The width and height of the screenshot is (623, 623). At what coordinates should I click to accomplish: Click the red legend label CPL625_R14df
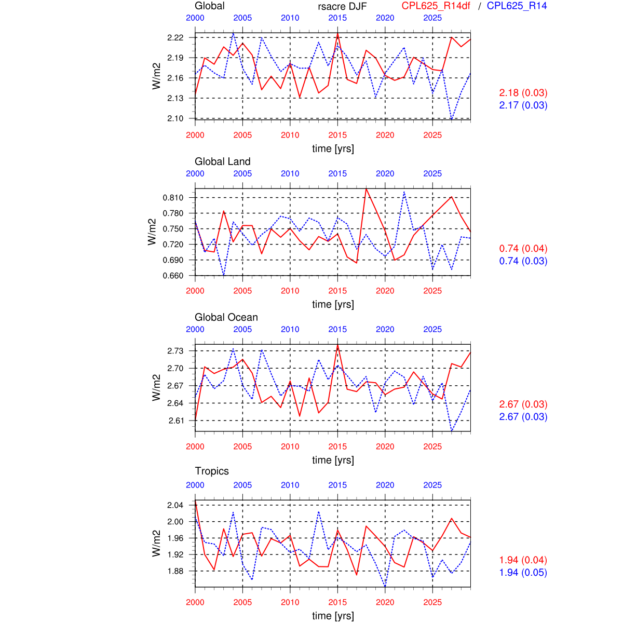point(436,6)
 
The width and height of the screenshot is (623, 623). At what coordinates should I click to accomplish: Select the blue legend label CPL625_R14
point(517,6)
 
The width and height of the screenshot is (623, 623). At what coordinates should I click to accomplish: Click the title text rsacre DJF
point(342,6)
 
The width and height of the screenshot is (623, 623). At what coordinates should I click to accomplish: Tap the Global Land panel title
point(222,161)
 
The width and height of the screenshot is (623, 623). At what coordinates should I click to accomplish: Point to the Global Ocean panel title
point(226,317)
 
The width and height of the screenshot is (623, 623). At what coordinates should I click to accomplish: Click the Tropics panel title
point(212,471)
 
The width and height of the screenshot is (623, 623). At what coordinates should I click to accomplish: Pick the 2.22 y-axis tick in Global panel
point(175,37)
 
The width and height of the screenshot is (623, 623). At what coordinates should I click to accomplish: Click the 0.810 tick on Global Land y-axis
point(173,197)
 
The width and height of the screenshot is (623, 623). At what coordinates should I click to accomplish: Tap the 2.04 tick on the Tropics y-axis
point(175,505)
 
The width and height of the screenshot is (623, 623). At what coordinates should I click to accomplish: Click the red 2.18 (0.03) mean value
point(523,93)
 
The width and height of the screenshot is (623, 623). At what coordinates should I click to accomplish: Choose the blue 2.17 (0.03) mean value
point(523,105)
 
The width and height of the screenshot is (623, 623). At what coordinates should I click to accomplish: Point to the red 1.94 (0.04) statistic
point(523,560)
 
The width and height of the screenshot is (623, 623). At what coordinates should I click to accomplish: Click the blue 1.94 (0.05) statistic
point(523,573)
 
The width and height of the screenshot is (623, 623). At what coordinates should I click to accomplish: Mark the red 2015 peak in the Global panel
point(337,34)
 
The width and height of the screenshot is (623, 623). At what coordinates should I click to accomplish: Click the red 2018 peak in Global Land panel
point(366,188)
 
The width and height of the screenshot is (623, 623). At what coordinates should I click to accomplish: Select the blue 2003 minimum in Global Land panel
point(224,275)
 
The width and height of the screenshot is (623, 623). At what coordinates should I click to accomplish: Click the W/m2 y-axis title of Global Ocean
point(156,387)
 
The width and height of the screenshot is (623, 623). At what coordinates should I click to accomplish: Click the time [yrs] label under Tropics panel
point(333,616)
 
